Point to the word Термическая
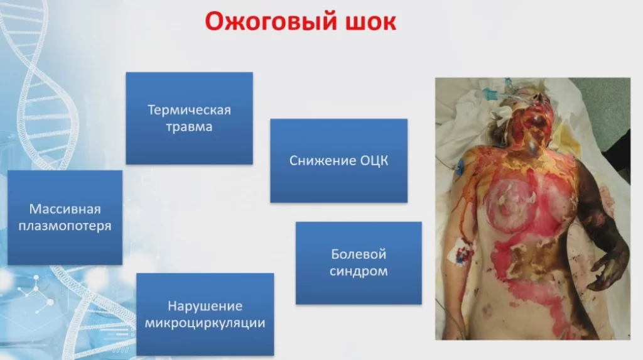189,110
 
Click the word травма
189,126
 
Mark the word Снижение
321,161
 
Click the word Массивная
65,209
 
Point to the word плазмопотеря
65,226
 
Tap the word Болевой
358,255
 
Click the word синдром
358,271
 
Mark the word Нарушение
205,307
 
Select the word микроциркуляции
205,323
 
